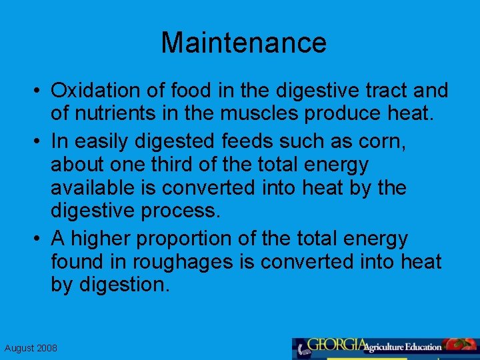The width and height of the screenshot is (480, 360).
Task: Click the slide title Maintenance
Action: coord(243,43)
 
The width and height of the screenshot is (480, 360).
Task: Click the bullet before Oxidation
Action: coord(41,91)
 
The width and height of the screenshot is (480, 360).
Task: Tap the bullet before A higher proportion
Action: coord(41,239)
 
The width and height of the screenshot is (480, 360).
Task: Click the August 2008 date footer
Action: coord(31,348)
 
